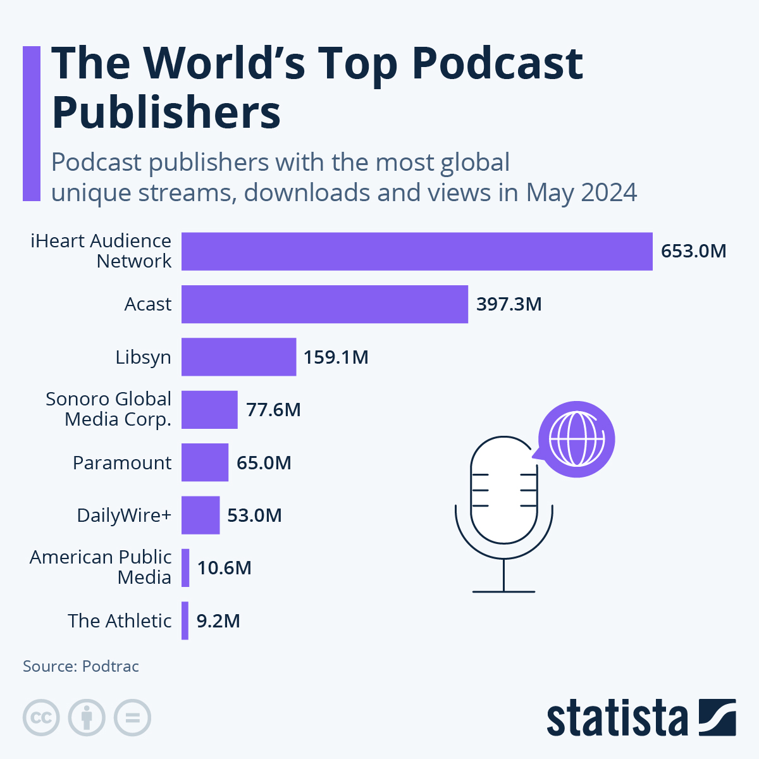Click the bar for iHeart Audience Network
tap(417, 251)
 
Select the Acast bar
tap(324, 304)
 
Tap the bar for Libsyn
tap(238, 357)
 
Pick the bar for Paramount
tap(204, 462)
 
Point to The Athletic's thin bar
tap(185, 620)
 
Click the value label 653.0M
tap(693, 251)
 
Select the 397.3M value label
tap(509, 304)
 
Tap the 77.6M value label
tap(273, 410)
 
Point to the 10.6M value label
tap(224, 568)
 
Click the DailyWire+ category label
tap(124, 515)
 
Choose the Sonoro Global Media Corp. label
tap(109, 409)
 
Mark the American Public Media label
tap(101, 567)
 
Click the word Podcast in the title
tap(497, 63)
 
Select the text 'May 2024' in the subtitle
tap(581, 192)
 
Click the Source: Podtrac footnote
tap(81, 666)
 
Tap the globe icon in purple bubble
tap(576, 439)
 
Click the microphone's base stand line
tap(503, 591)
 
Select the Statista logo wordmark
tap(617, 719)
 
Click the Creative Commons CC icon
tap(41, 718)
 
